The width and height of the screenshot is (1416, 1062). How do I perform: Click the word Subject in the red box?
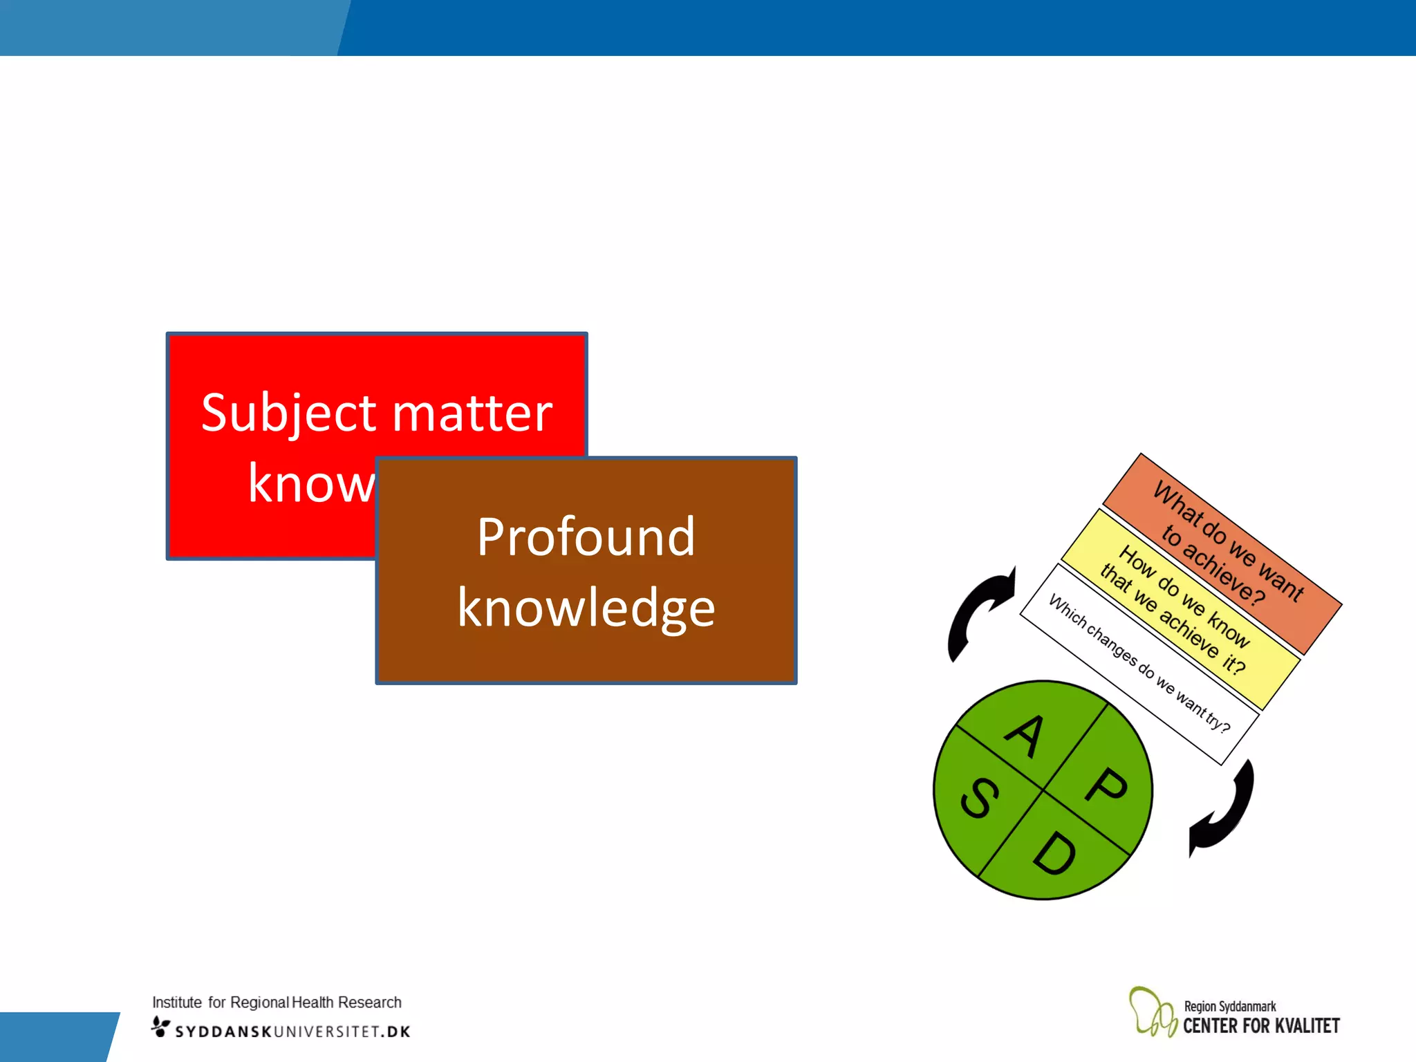click(x=290, y=413)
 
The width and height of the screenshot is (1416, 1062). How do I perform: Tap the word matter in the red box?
click(x=473, y=413)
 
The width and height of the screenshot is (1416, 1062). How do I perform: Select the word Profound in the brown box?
click(x=586, y=537)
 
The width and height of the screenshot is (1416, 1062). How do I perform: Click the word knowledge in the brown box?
click(x=586, y=608)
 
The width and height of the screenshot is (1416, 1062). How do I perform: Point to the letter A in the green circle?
click(x=1025, y=736)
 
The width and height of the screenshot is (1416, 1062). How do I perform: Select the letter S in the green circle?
click(x=980, y=798)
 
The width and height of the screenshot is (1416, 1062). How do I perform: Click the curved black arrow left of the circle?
click(x=978, y=612)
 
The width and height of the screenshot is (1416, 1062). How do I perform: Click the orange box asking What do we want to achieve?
click(x=1222, y=553)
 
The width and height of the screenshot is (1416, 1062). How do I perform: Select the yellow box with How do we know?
click(x=1181, y=609)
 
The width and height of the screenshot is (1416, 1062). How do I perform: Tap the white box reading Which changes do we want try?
click(x=1139, y=664)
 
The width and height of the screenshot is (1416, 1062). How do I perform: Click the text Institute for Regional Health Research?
click(x=277, y=1002)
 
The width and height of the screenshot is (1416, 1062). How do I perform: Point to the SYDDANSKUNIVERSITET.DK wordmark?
click(x=292, y=1032)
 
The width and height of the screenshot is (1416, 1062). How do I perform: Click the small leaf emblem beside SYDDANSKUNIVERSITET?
click(x=160, y=1027)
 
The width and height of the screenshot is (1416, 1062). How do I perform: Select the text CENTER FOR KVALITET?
click(x=1261, y=1026)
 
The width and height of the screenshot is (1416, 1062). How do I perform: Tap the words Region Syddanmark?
click(x=1229, y=1006)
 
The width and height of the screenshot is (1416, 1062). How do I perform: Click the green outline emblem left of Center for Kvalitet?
click(x=1152, y=1012)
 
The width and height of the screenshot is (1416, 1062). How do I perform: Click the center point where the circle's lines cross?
click(x=1043, y=790)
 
